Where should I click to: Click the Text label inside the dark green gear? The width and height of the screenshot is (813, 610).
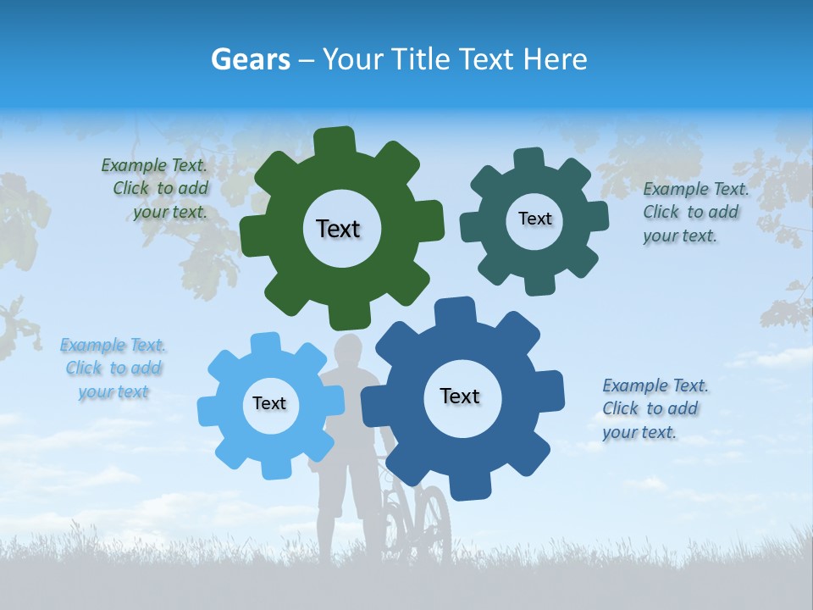point(338,229)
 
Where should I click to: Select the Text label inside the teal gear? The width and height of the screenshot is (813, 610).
point(534,219)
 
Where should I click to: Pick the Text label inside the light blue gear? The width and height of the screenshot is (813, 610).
point(269,403)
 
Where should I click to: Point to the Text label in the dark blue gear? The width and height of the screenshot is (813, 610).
point(460,396)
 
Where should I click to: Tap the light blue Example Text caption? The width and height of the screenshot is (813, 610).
point(113,369)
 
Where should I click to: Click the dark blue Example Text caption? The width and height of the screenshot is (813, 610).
point(654,409)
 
